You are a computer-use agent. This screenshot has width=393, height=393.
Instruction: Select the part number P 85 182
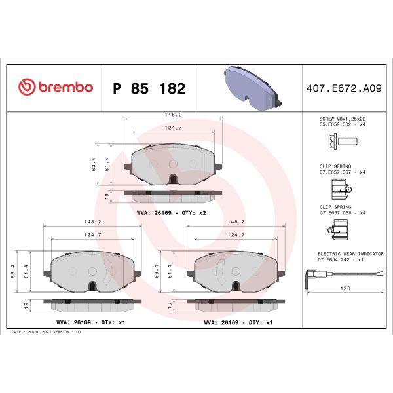(149, 88)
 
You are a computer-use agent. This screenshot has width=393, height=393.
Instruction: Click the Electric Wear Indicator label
(350, 253)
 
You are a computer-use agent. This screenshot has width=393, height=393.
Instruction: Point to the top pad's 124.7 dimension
(173, 128)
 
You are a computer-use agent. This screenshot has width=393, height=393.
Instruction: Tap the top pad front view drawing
(173, 164)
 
